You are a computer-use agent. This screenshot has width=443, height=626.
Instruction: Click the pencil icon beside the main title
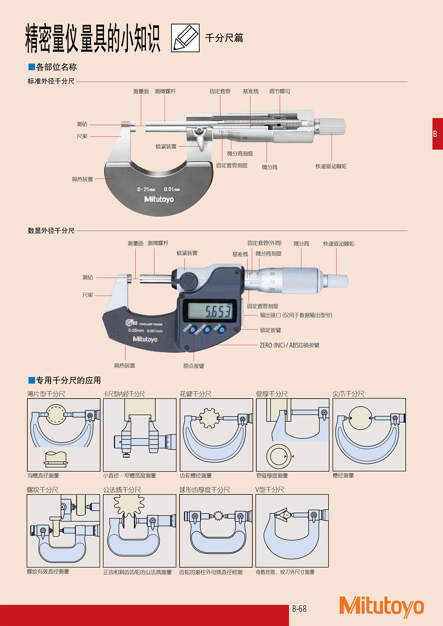(185, 38)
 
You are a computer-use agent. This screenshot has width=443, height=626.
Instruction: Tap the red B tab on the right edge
(437, 134)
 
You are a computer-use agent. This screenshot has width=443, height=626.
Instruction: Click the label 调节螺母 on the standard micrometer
(279, 91)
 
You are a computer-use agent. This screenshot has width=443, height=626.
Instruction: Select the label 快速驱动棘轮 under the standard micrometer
(331, 166)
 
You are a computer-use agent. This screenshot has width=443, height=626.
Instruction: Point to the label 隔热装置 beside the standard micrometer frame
(82, 179)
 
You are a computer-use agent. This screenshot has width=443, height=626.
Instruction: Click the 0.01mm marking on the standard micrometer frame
(172, 189)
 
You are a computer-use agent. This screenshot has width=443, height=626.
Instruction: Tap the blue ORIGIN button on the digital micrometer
(193, 330)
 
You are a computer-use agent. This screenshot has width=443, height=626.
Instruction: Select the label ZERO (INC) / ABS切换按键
(289, 345)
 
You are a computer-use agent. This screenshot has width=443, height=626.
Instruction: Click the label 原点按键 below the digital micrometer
(193, 366)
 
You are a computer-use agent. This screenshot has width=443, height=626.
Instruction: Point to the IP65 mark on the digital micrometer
(131, 323)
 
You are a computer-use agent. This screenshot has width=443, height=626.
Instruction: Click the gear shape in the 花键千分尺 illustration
(209, 418)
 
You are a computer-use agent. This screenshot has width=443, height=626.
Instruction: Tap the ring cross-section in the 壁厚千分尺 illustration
(278, 455)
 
